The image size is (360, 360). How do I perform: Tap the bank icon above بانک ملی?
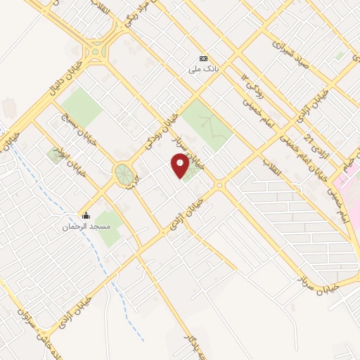(203, 58)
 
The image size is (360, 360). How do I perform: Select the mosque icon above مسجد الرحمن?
(86, 215)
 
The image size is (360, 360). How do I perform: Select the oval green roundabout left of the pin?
(124, 174)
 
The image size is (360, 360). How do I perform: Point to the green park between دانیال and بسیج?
(81, 106)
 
